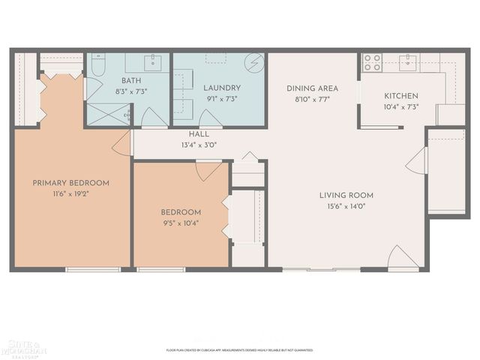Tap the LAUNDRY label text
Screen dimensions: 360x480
pyautogui.click(x=217, y=88)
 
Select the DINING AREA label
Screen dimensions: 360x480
pyautogui.click(x=312, y=88)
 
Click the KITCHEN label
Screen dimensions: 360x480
pyautogui.click(x=401, y=96)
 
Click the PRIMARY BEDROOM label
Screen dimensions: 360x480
pyautogui.click(x=70, y=182)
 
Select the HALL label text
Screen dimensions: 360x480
pyautogui.click(x=199, y=134)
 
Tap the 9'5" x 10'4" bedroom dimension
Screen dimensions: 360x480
pyautogui.click(x=180, y=223)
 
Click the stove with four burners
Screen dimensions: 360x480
pyautogui.click(x=373, y=62)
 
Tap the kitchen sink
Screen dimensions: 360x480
pyautogui.click(x=408, y=61)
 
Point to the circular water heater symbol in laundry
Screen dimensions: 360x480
pyautogui.click(x=255, y=61)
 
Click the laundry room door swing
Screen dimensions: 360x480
pyautogui.click(x=210, y=118)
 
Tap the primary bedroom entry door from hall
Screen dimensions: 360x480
pyautogui.click(x=122, y=143)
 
